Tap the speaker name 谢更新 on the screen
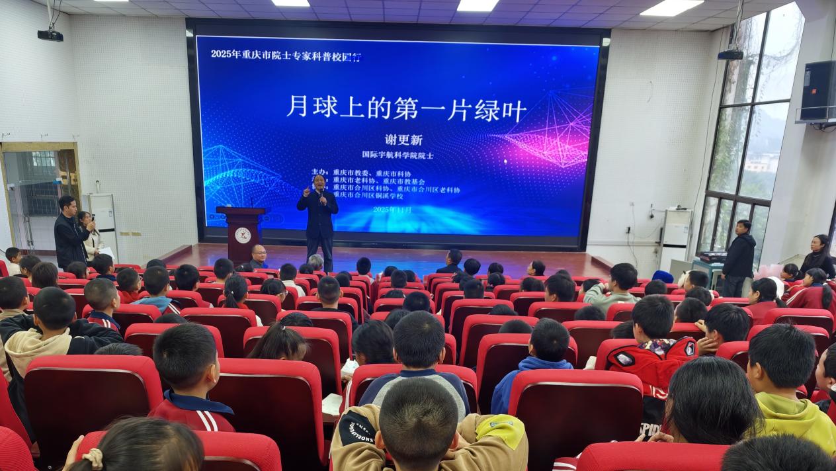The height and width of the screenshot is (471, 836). [403, 140]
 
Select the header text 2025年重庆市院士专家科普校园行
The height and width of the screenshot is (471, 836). [286, 55]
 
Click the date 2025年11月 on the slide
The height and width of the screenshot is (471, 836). [392, 209]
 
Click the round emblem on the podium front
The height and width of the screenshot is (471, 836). [242, 235]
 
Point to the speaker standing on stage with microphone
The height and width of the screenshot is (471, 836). [318, 215]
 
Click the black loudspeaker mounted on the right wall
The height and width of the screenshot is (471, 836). [818, 90]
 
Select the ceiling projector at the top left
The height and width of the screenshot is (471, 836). [50, 34]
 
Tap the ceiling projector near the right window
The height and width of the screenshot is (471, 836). [731, 54]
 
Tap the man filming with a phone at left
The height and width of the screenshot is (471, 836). [70, 232]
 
